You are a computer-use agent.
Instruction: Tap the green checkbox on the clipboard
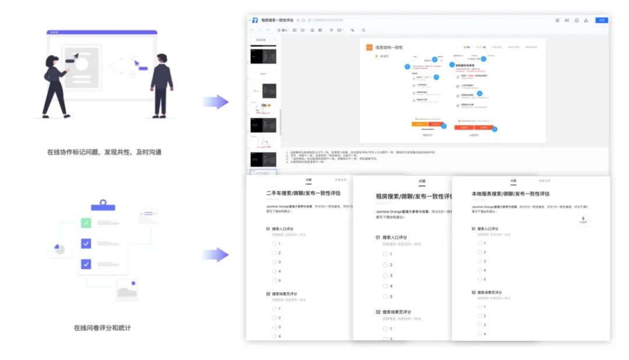pos(86,223)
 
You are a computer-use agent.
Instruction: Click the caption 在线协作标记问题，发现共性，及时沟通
pos(104,152)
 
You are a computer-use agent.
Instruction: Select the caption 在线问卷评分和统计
pos(102,328)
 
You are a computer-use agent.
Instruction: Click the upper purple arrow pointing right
pos(215,102)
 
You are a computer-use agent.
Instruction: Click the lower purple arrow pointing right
pos(215,255)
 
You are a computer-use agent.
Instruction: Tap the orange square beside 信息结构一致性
pos(369,47)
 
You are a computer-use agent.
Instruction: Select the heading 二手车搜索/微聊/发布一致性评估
pos(303,193)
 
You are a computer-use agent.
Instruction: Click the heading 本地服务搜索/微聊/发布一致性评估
pos(510,193)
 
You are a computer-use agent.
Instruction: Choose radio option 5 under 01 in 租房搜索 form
pos(386,297)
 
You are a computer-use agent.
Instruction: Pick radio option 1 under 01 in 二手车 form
pos(274,243)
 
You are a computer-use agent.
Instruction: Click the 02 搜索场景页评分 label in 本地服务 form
pos(487,292)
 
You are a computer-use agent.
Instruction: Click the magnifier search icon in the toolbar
pos(363,30)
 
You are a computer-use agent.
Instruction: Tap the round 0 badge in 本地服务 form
pos(582,220)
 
